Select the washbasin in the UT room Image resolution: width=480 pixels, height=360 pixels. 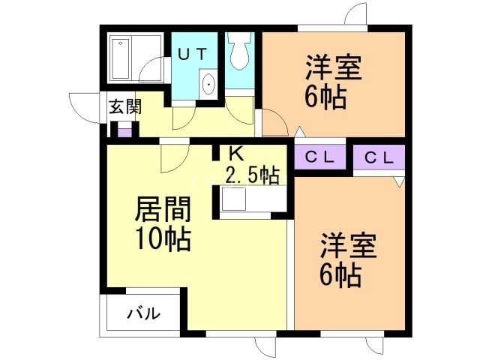(208, 84)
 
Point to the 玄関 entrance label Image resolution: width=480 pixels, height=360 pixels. (124, 107)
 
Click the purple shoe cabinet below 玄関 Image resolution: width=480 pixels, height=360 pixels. (124, 130)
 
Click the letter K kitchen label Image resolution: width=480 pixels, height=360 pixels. (235, 154)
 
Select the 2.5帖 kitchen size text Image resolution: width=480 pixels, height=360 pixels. (252, 176)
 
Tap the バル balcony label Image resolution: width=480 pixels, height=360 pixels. (142, 314)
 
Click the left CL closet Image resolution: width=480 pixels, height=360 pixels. (318, 157)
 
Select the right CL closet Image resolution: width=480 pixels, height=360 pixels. (379, 157)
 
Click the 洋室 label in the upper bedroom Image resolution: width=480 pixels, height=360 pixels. (334, 68)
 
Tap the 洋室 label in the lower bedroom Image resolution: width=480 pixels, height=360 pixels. (349, 247)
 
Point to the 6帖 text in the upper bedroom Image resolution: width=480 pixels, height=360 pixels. (325, 97)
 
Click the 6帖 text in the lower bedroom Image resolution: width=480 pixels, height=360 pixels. (342, 275)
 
